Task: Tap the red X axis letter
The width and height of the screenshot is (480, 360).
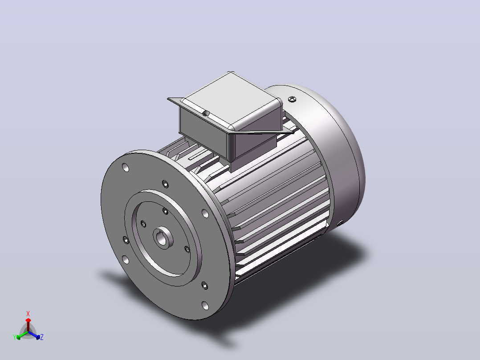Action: tap(28, 314)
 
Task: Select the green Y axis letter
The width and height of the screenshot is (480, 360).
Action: tap(15, 337)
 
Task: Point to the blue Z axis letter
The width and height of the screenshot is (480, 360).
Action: tap(42, 337)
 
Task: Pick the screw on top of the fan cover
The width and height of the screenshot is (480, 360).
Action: tap(292, 99)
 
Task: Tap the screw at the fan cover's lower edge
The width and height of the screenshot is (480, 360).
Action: tap(340, 223)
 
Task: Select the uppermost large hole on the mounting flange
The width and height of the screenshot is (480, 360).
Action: tap(126, 168)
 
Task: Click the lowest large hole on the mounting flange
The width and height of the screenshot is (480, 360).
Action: tap(205, 306)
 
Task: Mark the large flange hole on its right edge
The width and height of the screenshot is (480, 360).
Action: tap(205, 213)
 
